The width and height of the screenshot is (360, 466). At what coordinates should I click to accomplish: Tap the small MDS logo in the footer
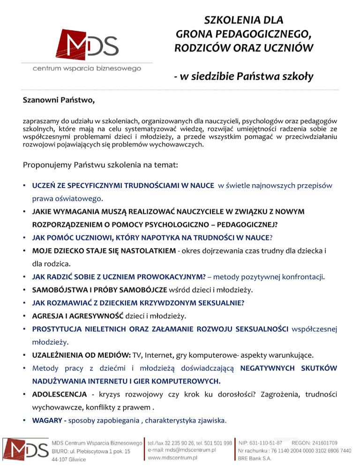pyautogui.click(x=25, y=450)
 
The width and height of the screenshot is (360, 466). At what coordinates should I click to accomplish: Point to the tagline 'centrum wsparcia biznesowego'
pyautogui.click(x=87, y=69)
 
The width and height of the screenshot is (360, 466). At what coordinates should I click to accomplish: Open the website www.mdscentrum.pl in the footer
pyautogui.click(x=172, y=457)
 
